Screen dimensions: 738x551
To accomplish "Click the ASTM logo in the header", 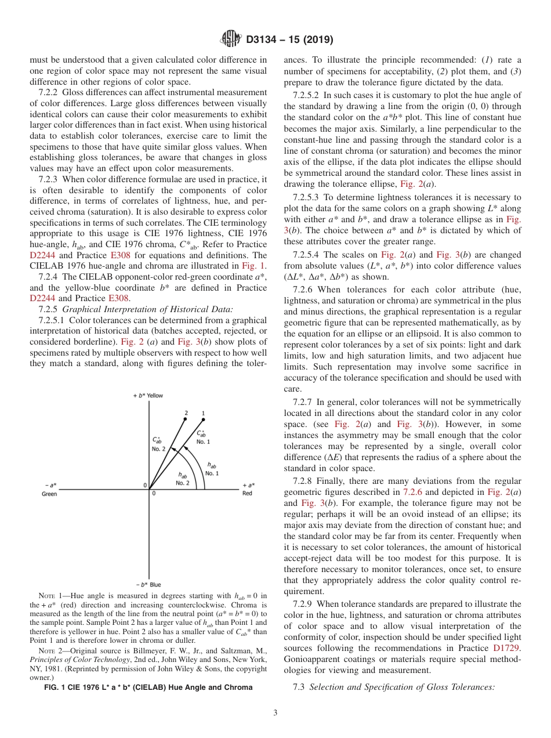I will (230, 40).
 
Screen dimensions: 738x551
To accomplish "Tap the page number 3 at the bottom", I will (275, 712).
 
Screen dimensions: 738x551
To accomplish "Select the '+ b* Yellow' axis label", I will (148, 396).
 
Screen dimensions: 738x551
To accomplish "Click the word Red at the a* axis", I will (247, 494).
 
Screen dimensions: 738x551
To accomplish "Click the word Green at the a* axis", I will (49, 494).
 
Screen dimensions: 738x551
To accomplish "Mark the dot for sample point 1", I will (203, 419).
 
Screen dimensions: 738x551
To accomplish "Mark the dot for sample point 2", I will (186, 419).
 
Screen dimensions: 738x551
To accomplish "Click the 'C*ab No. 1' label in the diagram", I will (202, 437).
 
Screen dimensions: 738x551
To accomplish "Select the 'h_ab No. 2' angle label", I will (183, 479).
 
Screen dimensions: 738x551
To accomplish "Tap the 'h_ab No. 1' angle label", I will (212, 469).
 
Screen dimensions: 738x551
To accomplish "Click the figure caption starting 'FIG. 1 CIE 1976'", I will (148, 687).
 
